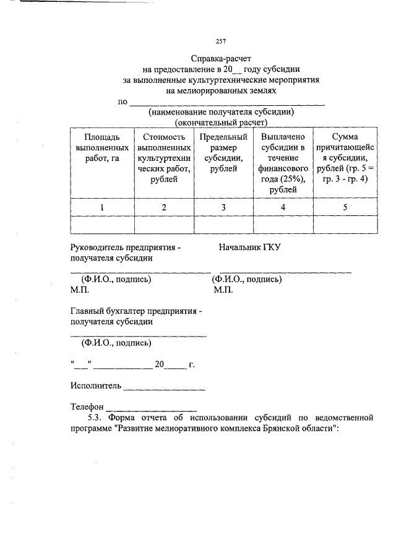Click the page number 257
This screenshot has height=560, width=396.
point(221,41)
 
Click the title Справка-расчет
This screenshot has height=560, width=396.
point(221,59)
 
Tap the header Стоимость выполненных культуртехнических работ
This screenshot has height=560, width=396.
point(163,158)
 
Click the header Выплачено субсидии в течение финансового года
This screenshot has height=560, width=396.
point(283,163)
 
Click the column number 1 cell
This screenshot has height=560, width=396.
point(101,207)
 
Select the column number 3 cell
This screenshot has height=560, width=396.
point(223,207)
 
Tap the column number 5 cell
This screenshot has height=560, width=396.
point(345,207)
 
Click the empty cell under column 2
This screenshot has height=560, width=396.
point(163,224)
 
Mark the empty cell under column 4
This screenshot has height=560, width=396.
point(283,224)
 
